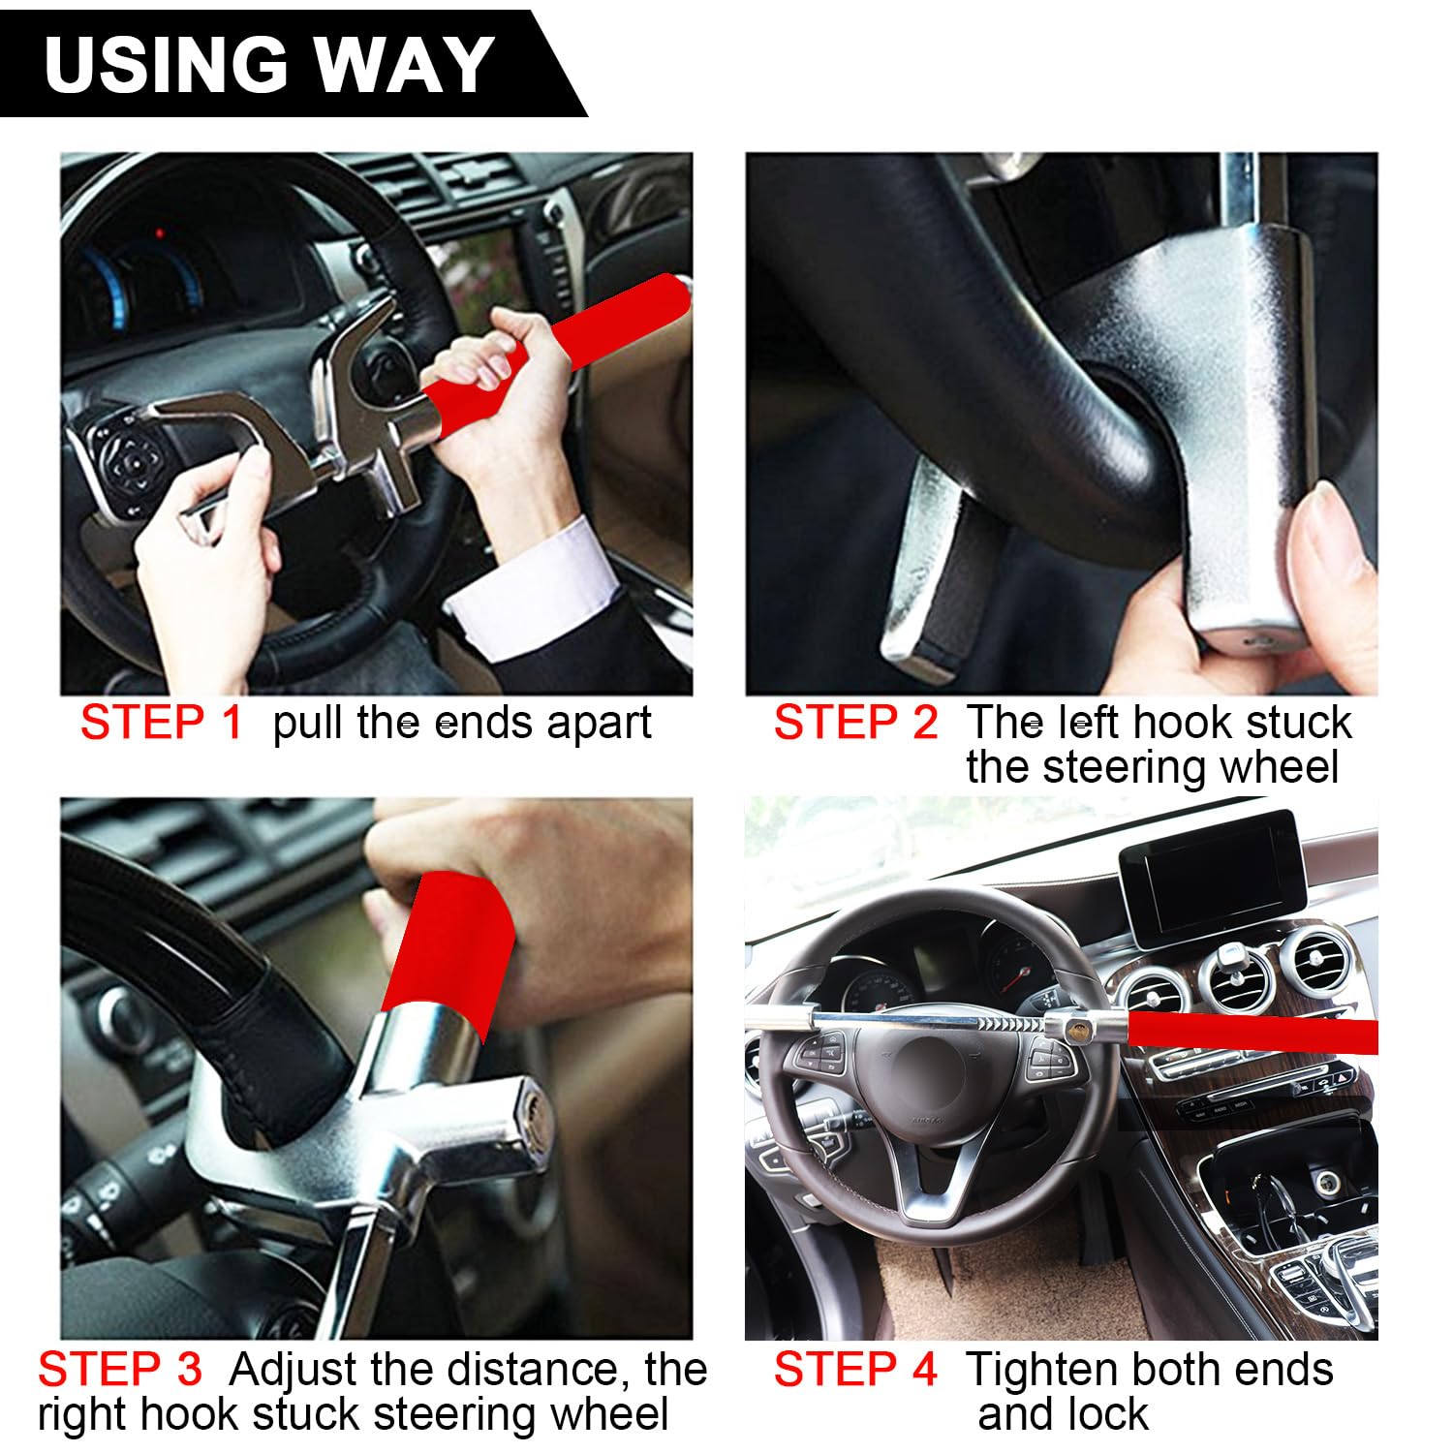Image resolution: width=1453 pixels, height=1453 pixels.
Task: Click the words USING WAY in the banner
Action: (269, 64)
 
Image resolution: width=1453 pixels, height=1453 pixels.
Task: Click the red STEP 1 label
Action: (161, 723)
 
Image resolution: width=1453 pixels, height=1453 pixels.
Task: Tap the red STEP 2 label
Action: (855, 723)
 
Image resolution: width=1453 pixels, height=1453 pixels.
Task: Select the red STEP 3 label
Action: (120, 1370)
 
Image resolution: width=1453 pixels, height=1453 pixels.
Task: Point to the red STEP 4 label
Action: (855, 1370)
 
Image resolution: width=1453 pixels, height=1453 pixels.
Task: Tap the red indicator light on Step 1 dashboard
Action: (160, 233)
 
